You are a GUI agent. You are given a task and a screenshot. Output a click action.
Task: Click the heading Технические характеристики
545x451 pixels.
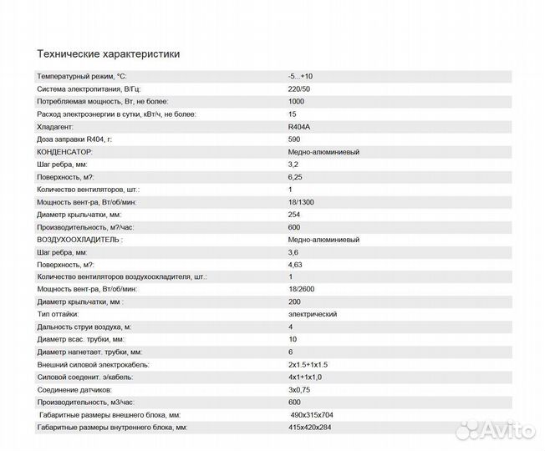(x=108, y=53)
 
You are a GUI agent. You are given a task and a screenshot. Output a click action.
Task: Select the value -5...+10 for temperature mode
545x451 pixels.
(x=301, y=76)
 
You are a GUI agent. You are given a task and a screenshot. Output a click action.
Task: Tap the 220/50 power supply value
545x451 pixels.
(x=298, y=89)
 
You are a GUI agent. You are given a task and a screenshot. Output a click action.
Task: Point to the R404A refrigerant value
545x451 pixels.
(x=298, y=126)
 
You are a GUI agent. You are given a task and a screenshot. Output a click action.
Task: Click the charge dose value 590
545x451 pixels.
(x=293, y=139)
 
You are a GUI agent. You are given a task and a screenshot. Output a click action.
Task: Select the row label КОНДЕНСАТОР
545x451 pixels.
(x=64, y=151)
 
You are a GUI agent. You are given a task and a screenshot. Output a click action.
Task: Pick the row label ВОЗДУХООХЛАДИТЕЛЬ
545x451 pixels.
(x=79, y=239)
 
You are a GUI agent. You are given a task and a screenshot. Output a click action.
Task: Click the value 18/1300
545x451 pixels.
(x=302, y=201)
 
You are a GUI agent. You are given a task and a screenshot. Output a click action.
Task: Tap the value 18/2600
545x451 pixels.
(x=302, y=289)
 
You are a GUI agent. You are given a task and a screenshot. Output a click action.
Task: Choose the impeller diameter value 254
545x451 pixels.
(x=293, y=214)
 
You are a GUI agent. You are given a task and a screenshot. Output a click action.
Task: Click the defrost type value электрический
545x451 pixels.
(x=313, y=314)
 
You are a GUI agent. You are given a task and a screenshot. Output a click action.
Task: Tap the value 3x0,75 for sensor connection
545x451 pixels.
(x=298, y=389)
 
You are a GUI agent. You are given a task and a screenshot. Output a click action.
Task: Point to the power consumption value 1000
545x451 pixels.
(x=295, y=101)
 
